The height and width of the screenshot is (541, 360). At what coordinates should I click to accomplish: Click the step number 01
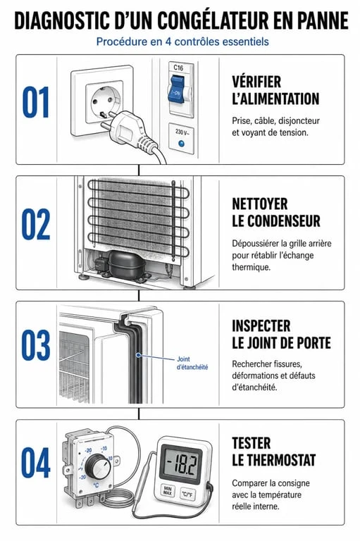[36, 102]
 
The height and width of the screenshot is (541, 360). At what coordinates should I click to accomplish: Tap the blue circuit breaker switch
[176, 89]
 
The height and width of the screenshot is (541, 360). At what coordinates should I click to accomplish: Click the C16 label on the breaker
[178, 68]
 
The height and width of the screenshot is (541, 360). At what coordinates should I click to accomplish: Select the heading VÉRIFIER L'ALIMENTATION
[275, 90]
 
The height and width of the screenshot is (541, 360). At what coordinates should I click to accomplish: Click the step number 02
[36, 224]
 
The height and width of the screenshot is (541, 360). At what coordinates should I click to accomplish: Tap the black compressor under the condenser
[125, 264]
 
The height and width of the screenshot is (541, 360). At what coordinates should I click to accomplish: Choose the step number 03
[36, 345]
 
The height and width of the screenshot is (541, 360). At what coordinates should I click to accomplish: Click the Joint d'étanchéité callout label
[192, 363]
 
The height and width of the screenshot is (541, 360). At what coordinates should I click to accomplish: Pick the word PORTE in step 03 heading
[312, 343]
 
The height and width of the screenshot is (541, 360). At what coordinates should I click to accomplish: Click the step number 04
[36, 463]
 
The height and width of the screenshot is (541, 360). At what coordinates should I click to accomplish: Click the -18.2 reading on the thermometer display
[182, 464]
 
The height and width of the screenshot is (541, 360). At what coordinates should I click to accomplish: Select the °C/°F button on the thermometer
[187, 495]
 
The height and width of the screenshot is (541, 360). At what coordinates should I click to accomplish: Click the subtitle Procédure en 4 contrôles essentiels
[182, 42]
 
